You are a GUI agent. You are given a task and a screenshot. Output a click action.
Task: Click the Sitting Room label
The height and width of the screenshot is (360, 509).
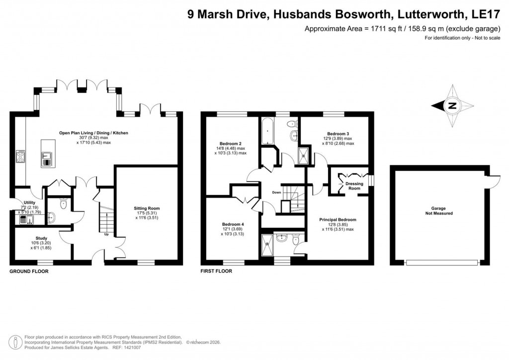[x=147, y=208]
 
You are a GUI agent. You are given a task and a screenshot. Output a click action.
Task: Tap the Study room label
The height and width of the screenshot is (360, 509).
[x=41, y=238]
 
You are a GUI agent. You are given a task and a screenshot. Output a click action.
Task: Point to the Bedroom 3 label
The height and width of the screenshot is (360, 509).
[x=338, y=134]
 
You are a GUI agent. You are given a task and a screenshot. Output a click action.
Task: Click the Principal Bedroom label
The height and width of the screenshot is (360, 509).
[x=338, y=219]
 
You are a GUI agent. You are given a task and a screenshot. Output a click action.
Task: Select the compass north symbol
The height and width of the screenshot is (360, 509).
[x=452, y=105]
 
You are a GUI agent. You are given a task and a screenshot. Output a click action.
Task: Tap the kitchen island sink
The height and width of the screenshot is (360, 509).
[x=47, y=158]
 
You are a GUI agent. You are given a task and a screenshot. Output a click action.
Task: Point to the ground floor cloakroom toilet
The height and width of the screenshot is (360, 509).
[x=63, y=203]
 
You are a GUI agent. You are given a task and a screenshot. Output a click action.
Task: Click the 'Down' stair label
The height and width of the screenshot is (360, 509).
[x=276, y=192]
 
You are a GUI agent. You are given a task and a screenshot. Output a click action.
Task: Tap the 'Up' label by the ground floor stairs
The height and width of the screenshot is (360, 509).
[x=106, y=235]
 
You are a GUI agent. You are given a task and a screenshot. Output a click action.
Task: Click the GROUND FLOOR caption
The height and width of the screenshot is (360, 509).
[x=29, y=271]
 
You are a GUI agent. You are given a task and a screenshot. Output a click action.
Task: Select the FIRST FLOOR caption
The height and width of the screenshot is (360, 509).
[x=216, y=271]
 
